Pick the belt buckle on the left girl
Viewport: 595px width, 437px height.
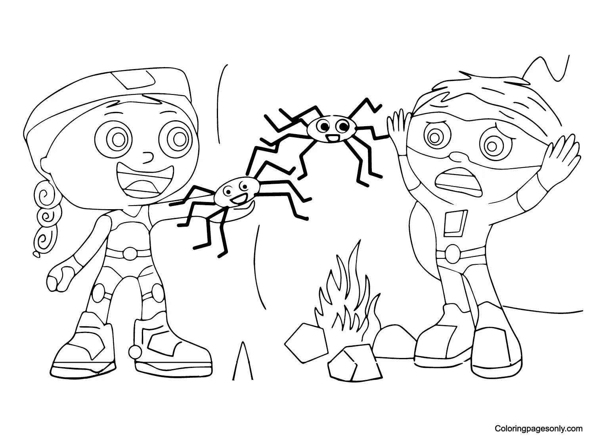pyautogui.click(x=129, y=252)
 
